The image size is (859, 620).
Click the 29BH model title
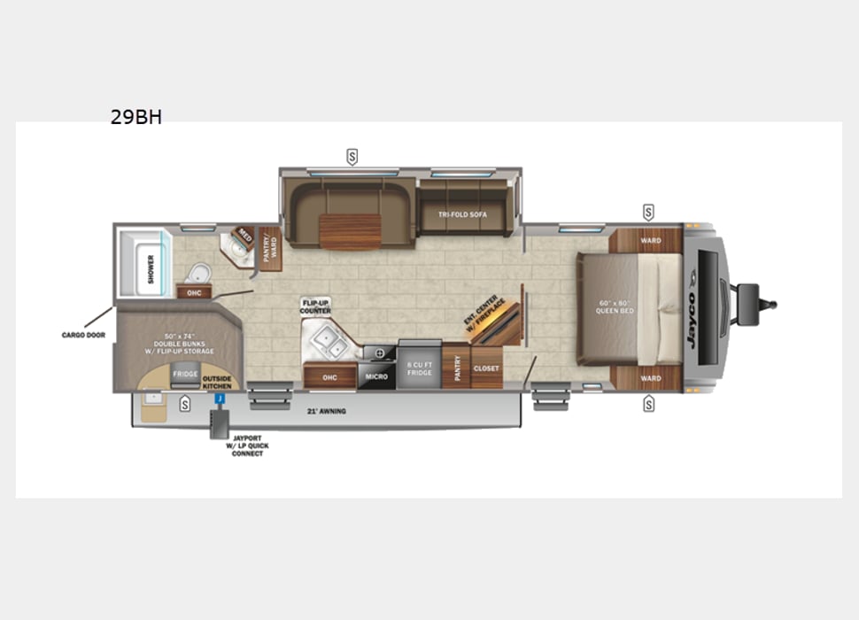click(135, 117)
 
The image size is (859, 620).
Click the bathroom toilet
click(199, 271)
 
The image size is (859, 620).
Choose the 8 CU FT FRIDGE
click(420, 368)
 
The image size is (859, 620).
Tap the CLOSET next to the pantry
click(486, 368)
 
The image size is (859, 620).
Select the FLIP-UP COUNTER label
click(315, 306)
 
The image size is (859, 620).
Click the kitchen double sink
click(325, 337)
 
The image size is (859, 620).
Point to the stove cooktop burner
click(381, 353)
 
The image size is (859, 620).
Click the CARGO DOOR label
click(83, 336)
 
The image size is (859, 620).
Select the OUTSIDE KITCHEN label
click(217, 382)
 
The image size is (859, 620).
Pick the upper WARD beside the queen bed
click(651, 240)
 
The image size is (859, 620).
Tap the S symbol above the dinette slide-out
click(352, 157)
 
